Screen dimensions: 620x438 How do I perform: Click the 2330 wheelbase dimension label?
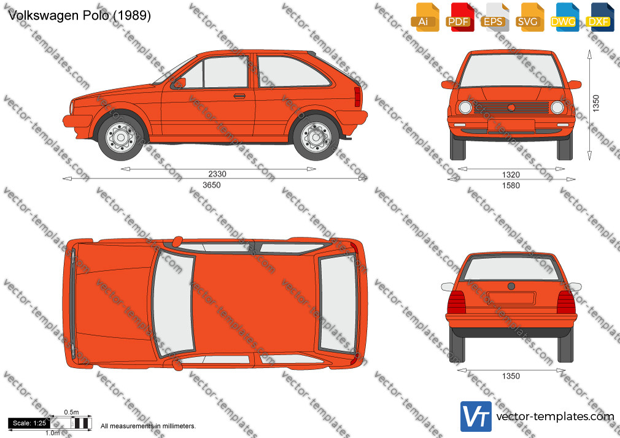point(217,174)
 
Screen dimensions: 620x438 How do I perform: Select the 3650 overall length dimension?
point(212,185)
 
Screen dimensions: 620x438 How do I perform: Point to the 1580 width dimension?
point(511,185)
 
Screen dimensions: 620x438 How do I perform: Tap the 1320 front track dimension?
point(511,175)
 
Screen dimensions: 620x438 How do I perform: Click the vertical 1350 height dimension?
point(596,103)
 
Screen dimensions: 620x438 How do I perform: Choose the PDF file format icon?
point(459,17)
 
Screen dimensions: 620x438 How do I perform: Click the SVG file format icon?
point(529,17)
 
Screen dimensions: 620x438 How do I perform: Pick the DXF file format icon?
point(599,17)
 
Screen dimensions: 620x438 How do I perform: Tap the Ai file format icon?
point(424,17)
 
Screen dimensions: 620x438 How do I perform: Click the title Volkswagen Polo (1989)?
point(79,15)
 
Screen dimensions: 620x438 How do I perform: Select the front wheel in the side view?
point(121,137)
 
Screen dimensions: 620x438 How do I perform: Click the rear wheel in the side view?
point(316,137)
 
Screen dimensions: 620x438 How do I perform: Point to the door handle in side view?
point(239,96)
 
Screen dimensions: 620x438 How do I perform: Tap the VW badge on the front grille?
point(511,107)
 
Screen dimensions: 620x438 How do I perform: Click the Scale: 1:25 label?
point(29,423)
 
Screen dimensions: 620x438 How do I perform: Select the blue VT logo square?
point(476,417)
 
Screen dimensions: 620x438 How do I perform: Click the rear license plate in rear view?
point(511,298)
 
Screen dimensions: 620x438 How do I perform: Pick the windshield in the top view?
point(173,303)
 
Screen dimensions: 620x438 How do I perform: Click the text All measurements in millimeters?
point(148,426)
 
